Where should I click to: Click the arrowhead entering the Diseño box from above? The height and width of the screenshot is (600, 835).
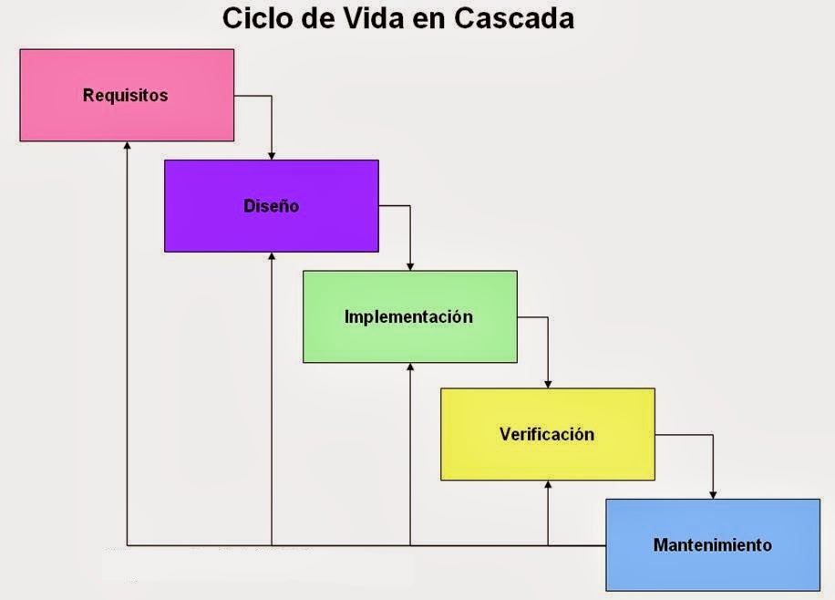tap(272, 155)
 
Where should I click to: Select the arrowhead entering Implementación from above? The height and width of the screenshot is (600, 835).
tap(410, 265)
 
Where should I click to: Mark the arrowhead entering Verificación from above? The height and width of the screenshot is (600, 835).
tap(548, 383)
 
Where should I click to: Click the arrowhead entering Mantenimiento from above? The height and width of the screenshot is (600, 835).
tap(713, 493)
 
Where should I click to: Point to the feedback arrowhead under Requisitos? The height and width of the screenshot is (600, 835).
tap(128, 147)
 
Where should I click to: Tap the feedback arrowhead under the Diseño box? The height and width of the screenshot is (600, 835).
tap(272, 257)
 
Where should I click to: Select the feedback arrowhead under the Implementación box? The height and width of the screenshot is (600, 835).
tap(410, 368)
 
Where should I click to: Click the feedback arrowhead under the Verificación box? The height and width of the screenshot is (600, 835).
tap(548, 486)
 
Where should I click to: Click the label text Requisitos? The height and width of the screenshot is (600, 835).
tap(126, 95)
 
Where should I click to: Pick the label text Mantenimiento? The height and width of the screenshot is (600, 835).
tap(712, 545)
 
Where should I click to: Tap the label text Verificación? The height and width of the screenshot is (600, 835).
tap(547, 434)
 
